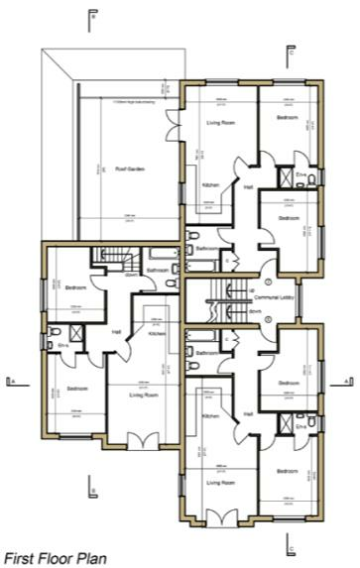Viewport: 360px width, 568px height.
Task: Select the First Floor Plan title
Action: [x=56, y=558]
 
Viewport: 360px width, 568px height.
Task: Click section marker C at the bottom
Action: [x=290, y=544]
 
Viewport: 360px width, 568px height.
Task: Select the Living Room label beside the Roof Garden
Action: [x=219, y=122]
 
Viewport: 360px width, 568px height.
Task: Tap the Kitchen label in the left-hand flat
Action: [x=156, y=335]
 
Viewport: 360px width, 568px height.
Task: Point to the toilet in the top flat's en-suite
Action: [x=311, y=179]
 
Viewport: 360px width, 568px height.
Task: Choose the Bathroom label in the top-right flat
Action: [x=206, y=248]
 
